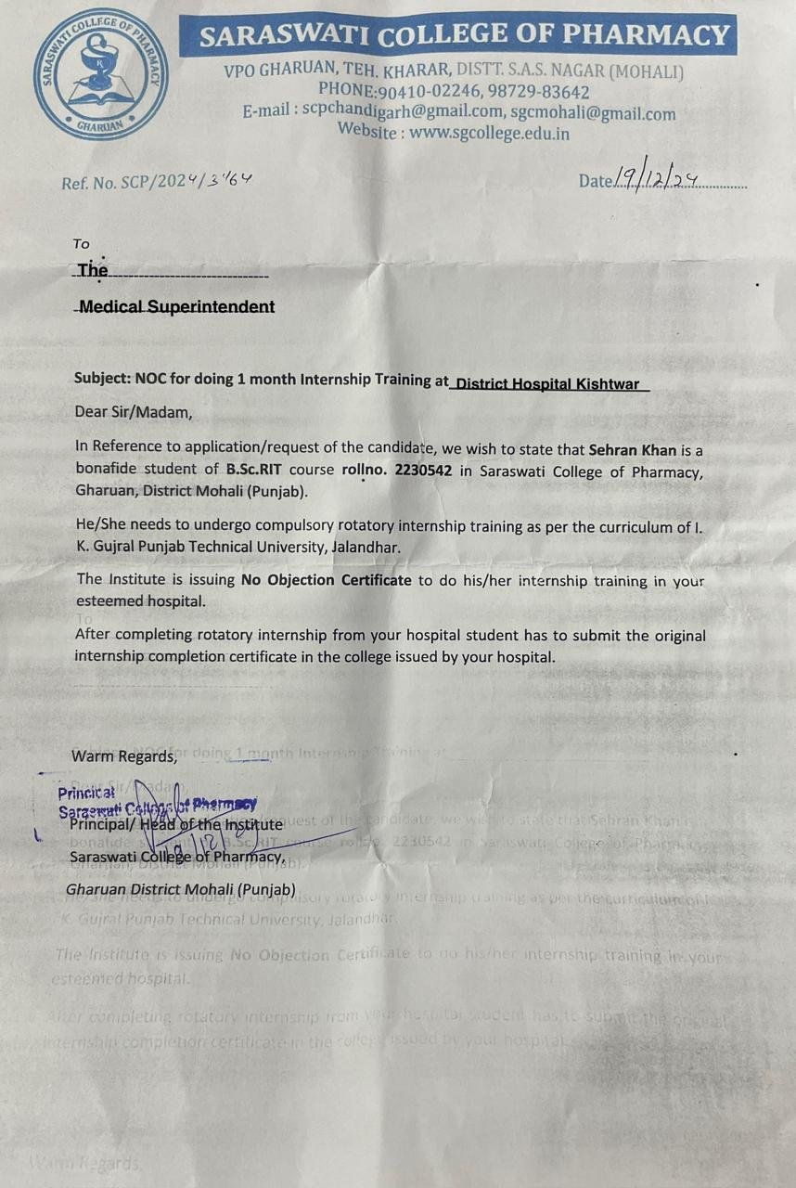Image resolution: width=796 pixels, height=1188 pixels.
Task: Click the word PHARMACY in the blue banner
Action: tap(647, 36)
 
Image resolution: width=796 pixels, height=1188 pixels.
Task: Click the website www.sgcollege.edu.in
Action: tap(490, 133)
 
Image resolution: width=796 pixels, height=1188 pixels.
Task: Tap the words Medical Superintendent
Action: tap(177, 306)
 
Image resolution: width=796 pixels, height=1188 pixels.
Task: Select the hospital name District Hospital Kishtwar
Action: tap(549, 382)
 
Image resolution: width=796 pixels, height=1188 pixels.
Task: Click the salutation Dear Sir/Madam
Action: tap(133, 411)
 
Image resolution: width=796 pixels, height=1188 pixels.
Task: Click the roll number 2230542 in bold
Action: tap(423, 471)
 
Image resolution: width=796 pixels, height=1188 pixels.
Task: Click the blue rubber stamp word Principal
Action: tap(86, 794)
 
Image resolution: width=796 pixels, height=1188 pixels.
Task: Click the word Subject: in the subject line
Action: tap(103, 379)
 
